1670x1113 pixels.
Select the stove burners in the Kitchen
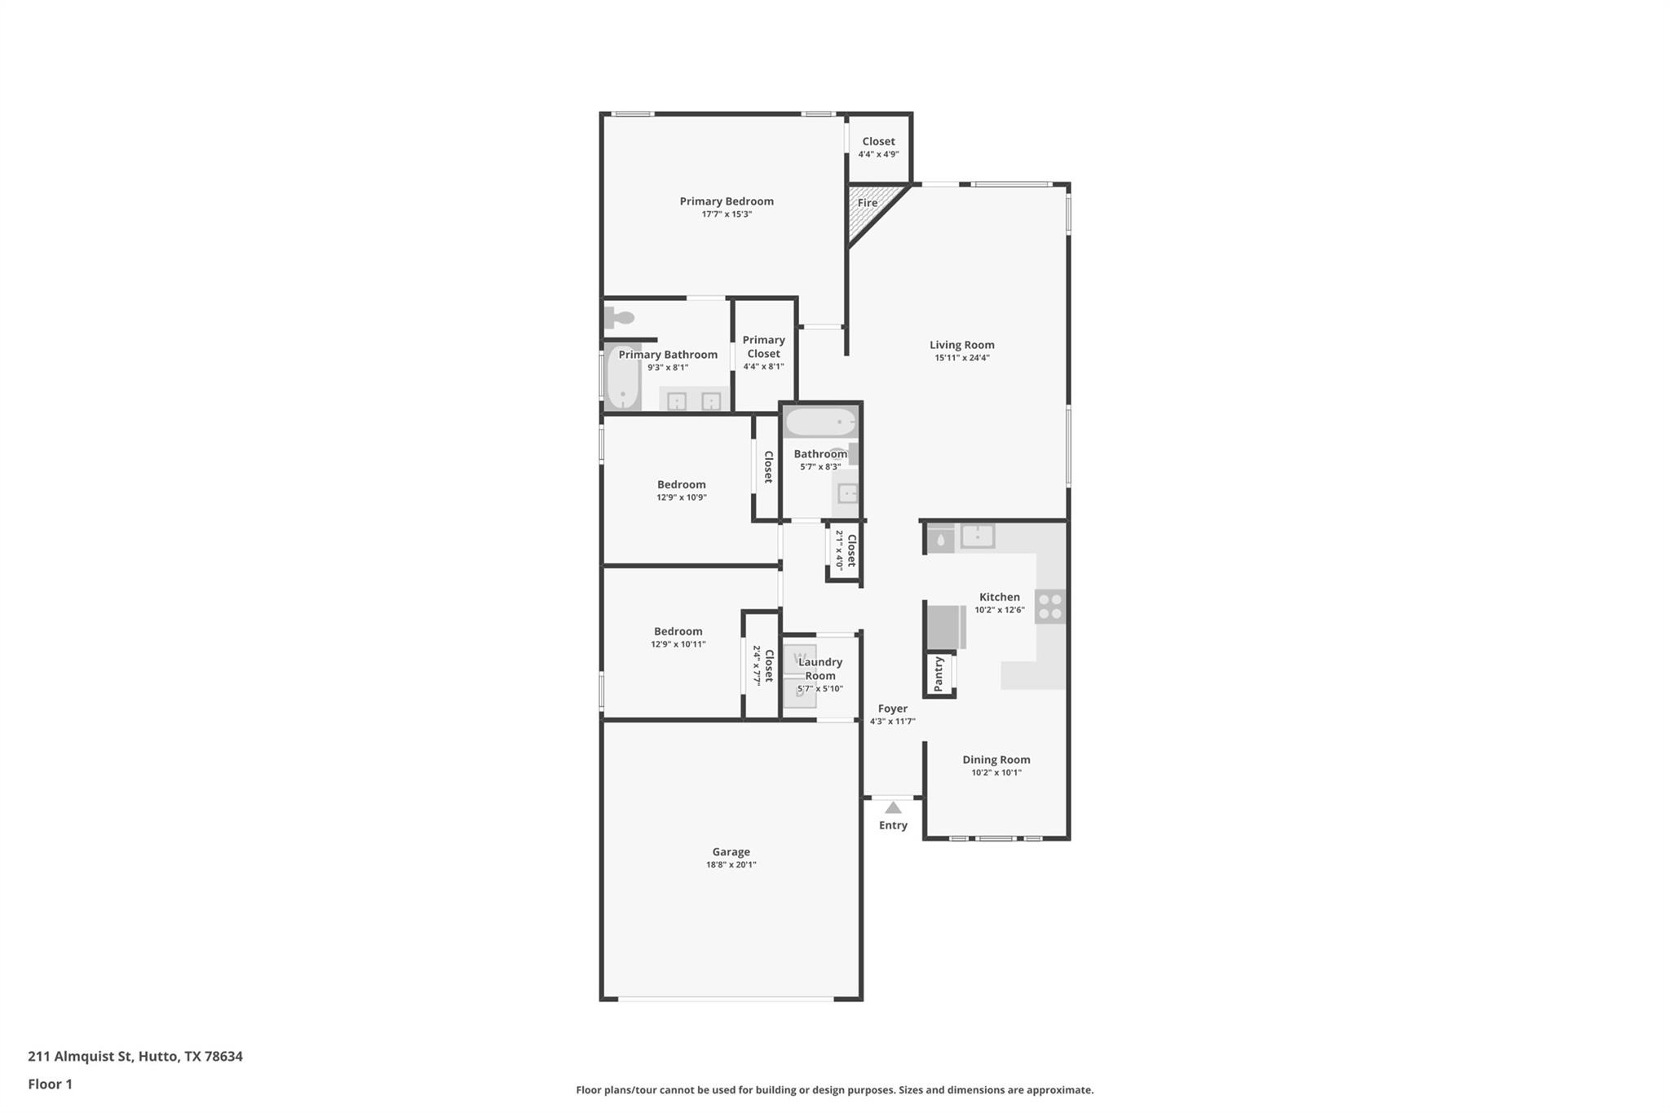coord(1050,607)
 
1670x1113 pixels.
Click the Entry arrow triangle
coord(893,808)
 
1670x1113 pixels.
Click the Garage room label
coord(731,851)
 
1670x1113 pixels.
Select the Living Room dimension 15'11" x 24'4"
coord(961,358)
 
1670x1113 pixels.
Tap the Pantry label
coord(939,674)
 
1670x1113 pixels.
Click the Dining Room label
coord(996,759)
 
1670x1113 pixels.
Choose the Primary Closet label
coord(763,347)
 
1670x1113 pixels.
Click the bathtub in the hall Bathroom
coord(820,422)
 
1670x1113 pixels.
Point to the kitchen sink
coord(977,536)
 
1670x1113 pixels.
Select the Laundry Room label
coord(820,669)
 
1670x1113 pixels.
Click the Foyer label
coord(892,709)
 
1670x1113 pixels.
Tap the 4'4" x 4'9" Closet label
coord(878,141)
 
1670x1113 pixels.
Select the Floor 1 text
coord(50,1084)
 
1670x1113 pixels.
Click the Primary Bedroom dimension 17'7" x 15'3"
coord(727,214)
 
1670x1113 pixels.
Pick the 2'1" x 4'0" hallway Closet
coord(845,550)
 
